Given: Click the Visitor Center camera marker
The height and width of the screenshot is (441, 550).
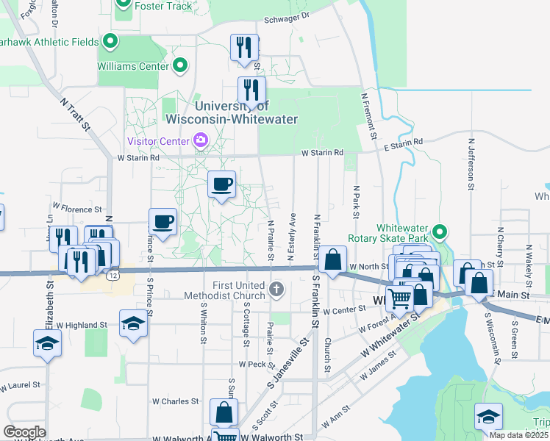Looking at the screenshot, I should click(199, 140).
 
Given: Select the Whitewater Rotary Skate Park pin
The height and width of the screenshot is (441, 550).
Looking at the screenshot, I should click(440, 233).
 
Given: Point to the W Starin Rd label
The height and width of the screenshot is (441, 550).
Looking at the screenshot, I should click(322, 152).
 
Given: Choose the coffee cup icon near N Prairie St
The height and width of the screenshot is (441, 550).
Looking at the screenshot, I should click(221, 185).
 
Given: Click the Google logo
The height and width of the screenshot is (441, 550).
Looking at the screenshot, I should click(25, 432).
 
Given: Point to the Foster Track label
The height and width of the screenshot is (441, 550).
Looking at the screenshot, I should click(164, 7).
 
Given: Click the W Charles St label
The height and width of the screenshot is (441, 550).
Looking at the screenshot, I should click(176, 401).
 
